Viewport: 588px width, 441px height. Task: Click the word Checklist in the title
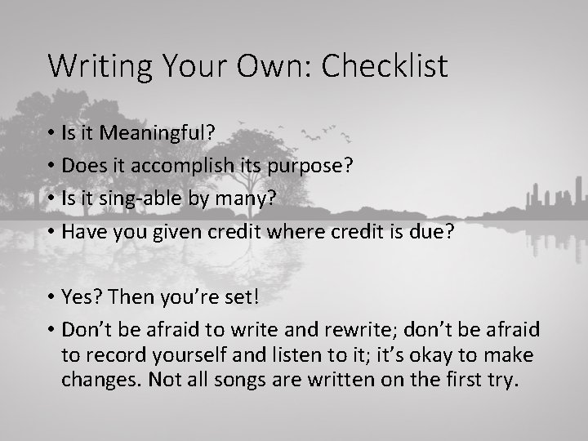tap(385, 66)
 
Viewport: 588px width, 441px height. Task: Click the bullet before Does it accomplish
tap(51, 167)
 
